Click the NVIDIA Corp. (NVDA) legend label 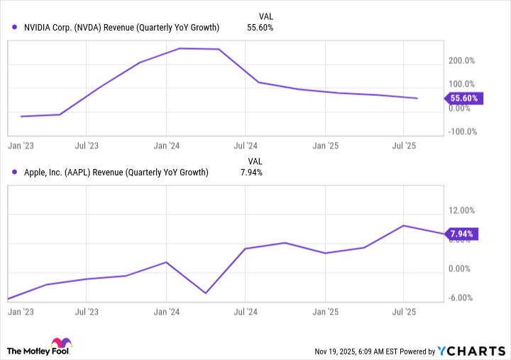[120, 28]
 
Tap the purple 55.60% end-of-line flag [463, 98]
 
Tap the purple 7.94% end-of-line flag [463, 234]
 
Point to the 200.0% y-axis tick [461, 62]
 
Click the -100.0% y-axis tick [461, 131]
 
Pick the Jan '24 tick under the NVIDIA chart [165, 145]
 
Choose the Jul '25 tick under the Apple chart [403, 311]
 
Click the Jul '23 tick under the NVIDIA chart [86, 145]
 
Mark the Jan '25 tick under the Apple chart [324, 311]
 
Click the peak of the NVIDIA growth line [180, 48]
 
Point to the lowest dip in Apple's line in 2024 [206, 293]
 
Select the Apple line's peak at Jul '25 [404, 226]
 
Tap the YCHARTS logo [471, 351]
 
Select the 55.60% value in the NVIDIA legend [260, 28]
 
